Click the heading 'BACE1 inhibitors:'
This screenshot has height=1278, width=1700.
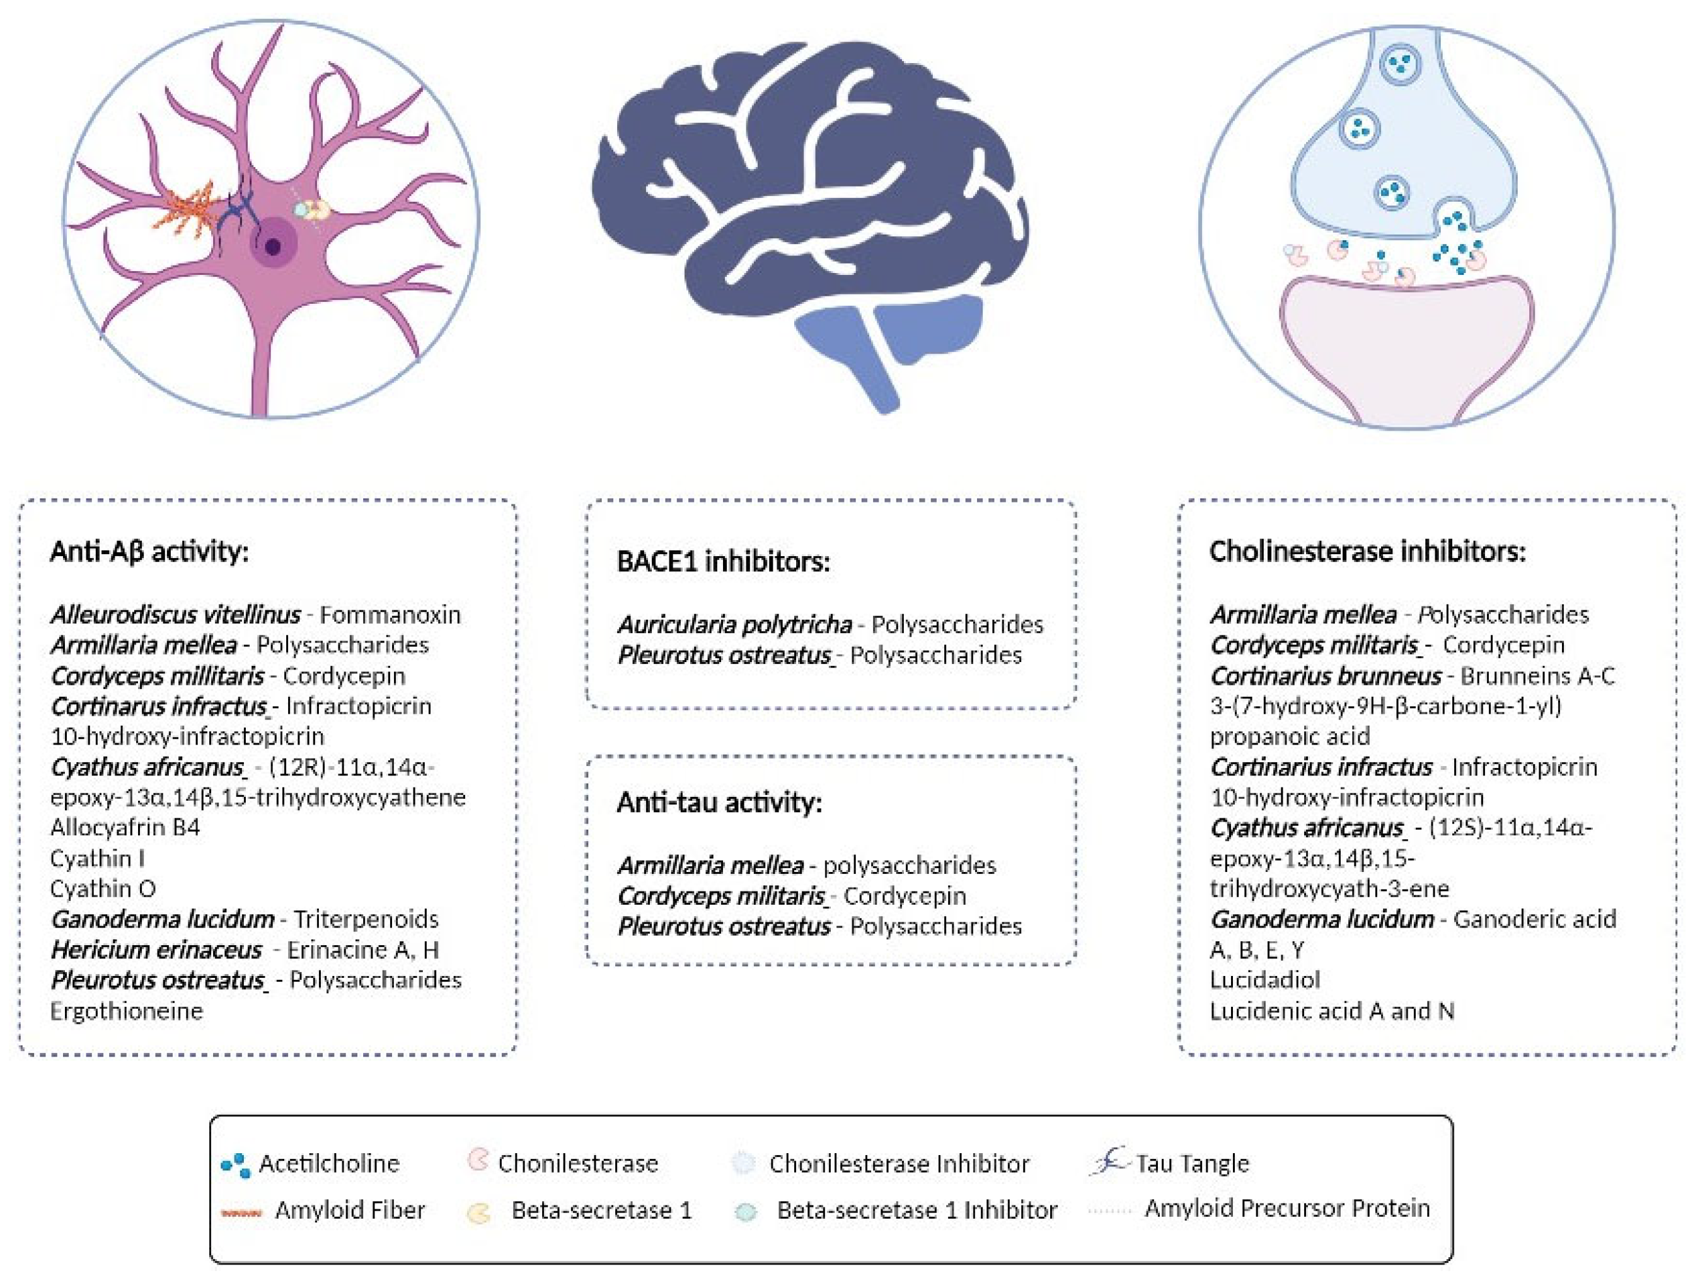[x=723, y=561]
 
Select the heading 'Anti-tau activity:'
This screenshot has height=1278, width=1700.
[x=719, y=803]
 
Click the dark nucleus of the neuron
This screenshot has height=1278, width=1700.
[x=273, y=246]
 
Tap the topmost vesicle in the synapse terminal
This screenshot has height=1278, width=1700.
[x=1398, y=63]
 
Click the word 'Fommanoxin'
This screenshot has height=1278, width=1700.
[x=390, y=615]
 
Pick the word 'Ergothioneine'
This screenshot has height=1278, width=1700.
[x=126, y=1011]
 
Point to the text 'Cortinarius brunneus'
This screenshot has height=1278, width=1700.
[x=1325, y=676]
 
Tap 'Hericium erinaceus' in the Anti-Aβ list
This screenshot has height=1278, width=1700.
[x=156, y=950]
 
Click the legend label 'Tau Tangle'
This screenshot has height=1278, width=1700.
[x=1192, y=1163]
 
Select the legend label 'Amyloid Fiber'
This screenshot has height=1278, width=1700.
[x=350, y=1211]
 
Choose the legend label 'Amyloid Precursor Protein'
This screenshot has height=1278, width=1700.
[x=1287, y=1208]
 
